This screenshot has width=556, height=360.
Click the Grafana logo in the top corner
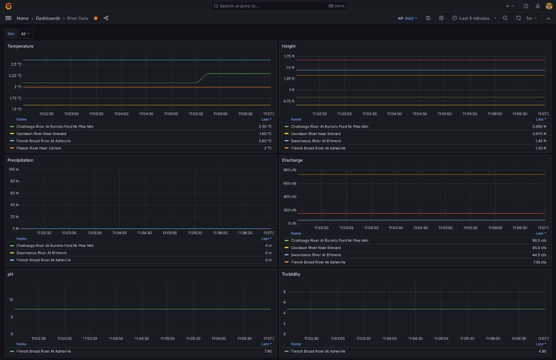pyautogui.click(x=8, y=6)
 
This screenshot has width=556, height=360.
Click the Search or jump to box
pyautogui.click(x=279, y=6)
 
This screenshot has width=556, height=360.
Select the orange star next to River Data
pyautogui.click(x=96, y=18)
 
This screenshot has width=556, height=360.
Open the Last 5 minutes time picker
pyautogui.click(x=474, y=18)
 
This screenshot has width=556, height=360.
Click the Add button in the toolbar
pyautogui.click(x=408, y=18)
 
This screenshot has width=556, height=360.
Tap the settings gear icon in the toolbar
pyautogui.click(x=441, y=18)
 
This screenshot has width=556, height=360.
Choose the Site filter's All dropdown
pyautogui.click(x=25, y=34)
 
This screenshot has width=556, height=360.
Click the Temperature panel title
pyautogui.click(x=21, y=46)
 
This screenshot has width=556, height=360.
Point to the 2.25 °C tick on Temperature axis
pyautogui.click(x=15, y=76)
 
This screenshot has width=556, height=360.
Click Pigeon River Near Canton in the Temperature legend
pyautogui.click(x=39, y=148)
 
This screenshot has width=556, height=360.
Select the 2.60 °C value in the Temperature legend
pyautogui.click(x=265, y=141)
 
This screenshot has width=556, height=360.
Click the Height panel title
pyautogui.click(x=288, y=46)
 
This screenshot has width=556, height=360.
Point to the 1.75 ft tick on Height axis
pyautogui.click(x=289, y=56)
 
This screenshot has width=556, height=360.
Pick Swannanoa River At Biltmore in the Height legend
pyautogui.click(x=316, y=141)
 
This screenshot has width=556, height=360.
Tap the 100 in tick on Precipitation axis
pyautogui.click(x=14, y=170)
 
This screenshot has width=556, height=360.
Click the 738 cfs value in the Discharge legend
pyautogui.click(x=540, y=262)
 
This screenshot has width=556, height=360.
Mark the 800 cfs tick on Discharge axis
pyautogui.click(x=290, y=170)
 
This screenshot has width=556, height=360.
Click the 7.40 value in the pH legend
pyautogui.click(x=268, y=351)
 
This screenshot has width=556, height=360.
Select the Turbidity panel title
pyautogui.click(x=291, y=274)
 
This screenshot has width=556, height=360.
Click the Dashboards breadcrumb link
pyautogui.click(x=48, y=18)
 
